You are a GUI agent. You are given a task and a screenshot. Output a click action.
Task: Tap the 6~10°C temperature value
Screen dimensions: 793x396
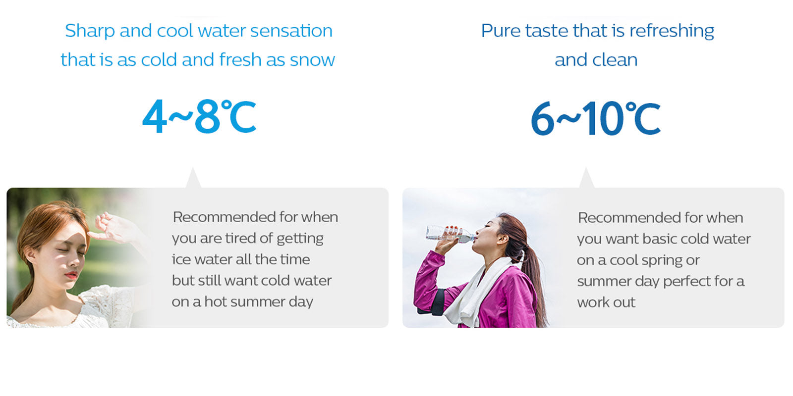tap(596, 118)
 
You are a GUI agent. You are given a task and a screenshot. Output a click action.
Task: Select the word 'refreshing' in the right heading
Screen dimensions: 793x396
tap(672, 31)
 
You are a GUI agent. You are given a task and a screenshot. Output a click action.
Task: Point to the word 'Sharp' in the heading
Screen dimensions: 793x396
tap(90, 31)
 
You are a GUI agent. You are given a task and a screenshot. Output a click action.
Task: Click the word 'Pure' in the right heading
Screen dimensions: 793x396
tap(501, 31)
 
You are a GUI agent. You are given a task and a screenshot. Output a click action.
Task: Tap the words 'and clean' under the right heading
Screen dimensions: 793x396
tap(596, 60)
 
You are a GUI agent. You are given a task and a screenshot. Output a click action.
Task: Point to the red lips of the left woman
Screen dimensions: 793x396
tap(71, 275)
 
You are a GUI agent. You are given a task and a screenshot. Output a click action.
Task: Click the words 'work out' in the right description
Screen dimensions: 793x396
tap(606, 302)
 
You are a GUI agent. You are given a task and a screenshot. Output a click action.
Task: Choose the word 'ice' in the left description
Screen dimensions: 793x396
tap(181, 259)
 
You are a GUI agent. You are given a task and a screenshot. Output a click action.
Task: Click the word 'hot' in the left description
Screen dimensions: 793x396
tap(216, 302)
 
